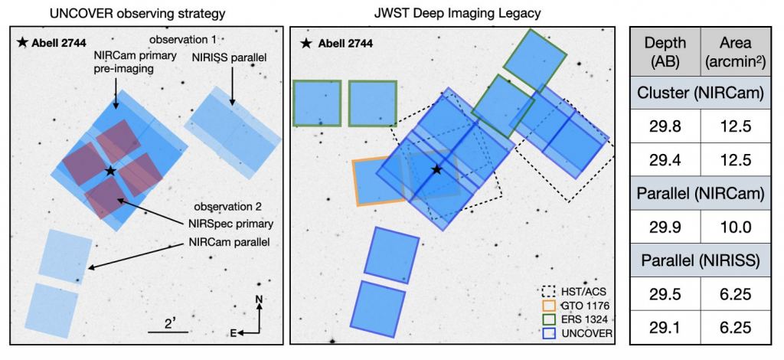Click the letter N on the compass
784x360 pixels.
pyautogui.click(x=260, y=298)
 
